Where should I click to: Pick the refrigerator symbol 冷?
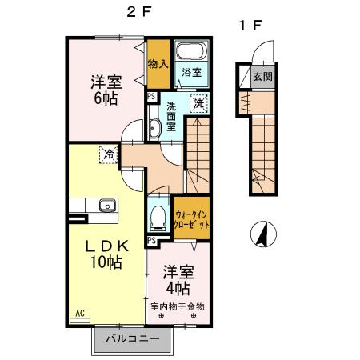[x=106, y=154]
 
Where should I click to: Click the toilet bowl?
[x=158, y=214]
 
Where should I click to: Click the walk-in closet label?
[x=192, y=219]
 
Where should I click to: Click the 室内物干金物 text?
[x=178, y=306]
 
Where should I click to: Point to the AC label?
[x=80, y=313]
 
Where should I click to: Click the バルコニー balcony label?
[x=132, y=340]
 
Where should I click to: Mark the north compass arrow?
[x=261, y=234]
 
